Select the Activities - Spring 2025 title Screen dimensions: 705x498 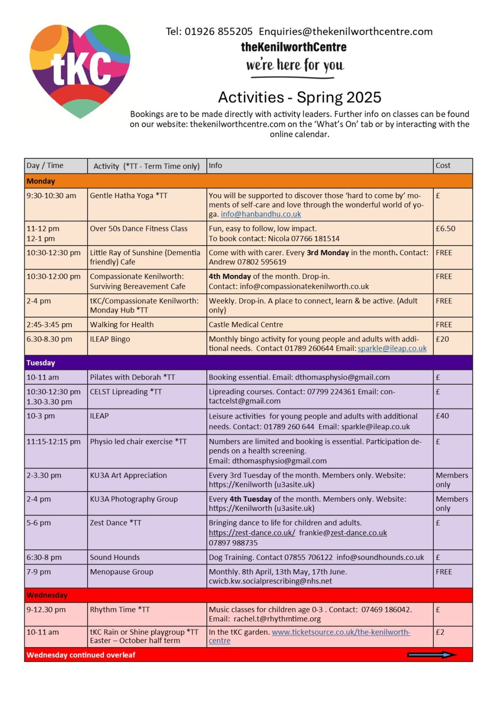(x=299, y=97)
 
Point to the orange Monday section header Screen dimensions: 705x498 (x=248, y=181)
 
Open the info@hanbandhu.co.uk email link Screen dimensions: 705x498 (x=261, y=214)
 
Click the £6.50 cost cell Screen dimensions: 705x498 (x=446, y=229)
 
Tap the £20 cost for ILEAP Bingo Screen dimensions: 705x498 (x=443, y=339)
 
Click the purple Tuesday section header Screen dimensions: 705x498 (x=248, y=363)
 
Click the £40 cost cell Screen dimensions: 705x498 (x=443, y=416)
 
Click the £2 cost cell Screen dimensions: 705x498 (x=440, y=632)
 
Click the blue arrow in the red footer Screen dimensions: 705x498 (x=432, y=655)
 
